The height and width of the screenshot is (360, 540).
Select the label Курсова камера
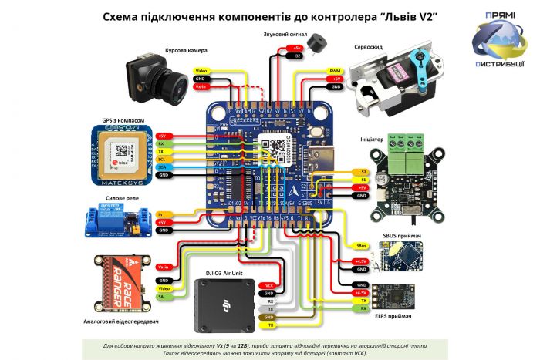[182, 51]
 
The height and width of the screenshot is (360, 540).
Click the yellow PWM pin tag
[335, 69]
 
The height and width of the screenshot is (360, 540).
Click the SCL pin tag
[161, 158]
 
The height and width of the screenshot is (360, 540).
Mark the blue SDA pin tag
[161, 167]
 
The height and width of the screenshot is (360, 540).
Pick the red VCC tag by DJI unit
[268, 285]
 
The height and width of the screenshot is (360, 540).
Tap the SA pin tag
[161, 296]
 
